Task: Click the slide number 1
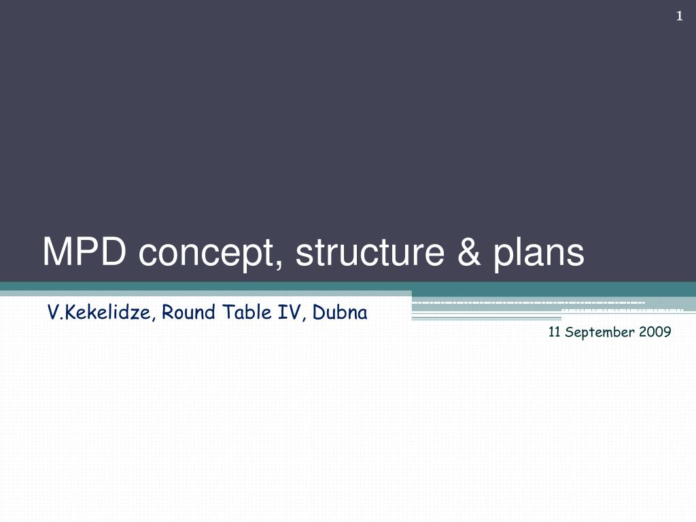tap(679, 17)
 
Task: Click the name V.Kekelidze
tap(101, 313)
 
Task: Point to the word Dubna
tap(340, 313)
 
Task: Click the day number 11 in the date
tap(553, 332)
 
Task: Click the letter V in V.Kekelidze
tap(52, 313)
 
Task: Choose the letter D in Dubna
tap(317, 313)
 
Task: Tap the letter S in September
tap(568, 332)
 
